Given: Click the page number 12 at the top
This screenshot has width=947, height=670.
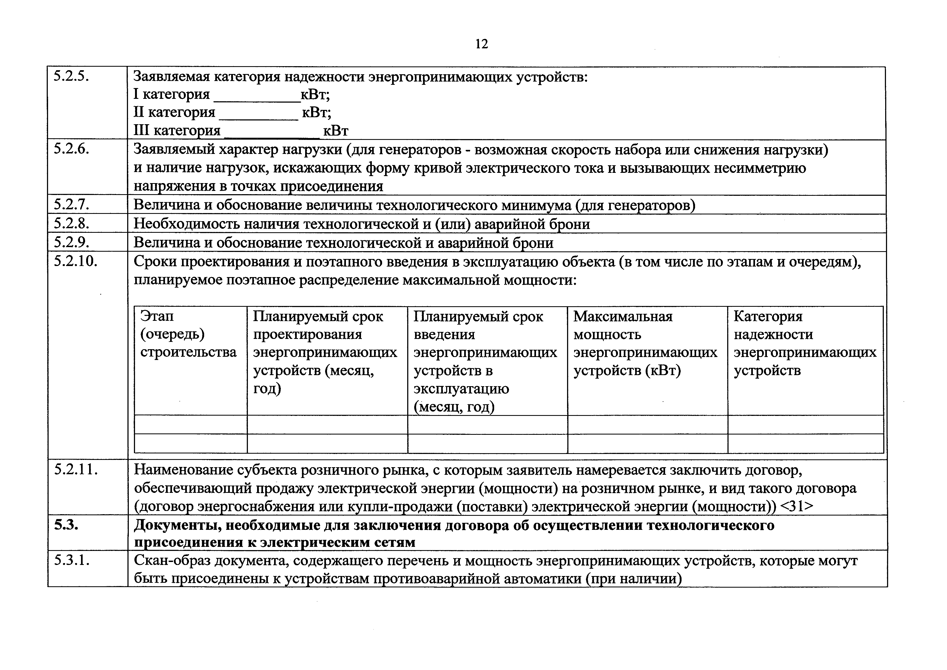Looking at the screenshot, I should pyautogui.click(x=481, y=44).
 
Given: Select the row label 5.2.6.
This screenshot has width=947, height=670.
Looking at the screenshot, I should pyautogui.click(x=71, y=149).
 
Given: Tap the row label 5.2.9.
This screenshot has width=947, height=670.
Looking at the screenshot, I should pyautogui.click(x=71, y=242).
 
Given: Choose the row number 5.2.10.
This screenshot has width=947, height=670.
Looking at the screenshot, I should pyautogui.click(x=76, y=261).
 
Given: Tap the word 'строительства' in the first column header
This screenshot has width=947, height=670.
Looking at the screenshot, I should pyautogui.click(x=188, y=352).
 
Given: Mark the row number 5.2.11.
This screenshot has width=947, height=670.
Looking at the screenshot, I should pyautogui.click(x=76, y=470).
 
